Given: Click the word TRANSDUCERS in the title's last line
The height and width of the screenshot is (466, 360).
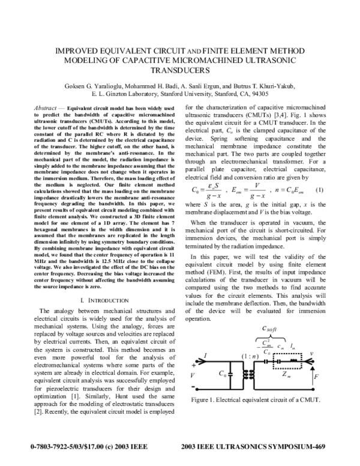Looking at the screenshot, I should coord(179,69).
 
